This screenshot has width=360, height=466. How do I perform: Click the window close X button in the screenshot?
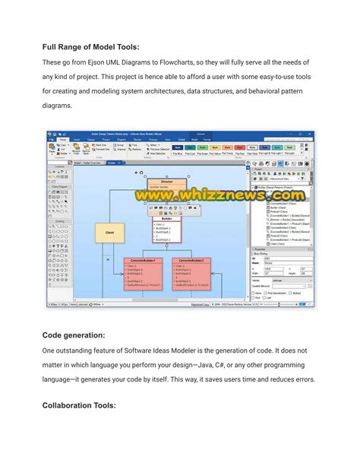pyautogui.click(x=309, y=133)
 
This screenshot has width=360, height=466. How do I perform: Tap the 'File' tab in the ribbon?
pyautogui.click(x=52, y=140)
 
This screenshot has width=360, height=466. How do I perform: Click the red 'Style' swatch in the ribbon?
pyautogui.click(x=239, y=147)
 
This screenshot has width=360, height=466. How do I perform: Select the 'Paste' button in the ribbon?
pyautogui.click(x=52, y=151)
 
